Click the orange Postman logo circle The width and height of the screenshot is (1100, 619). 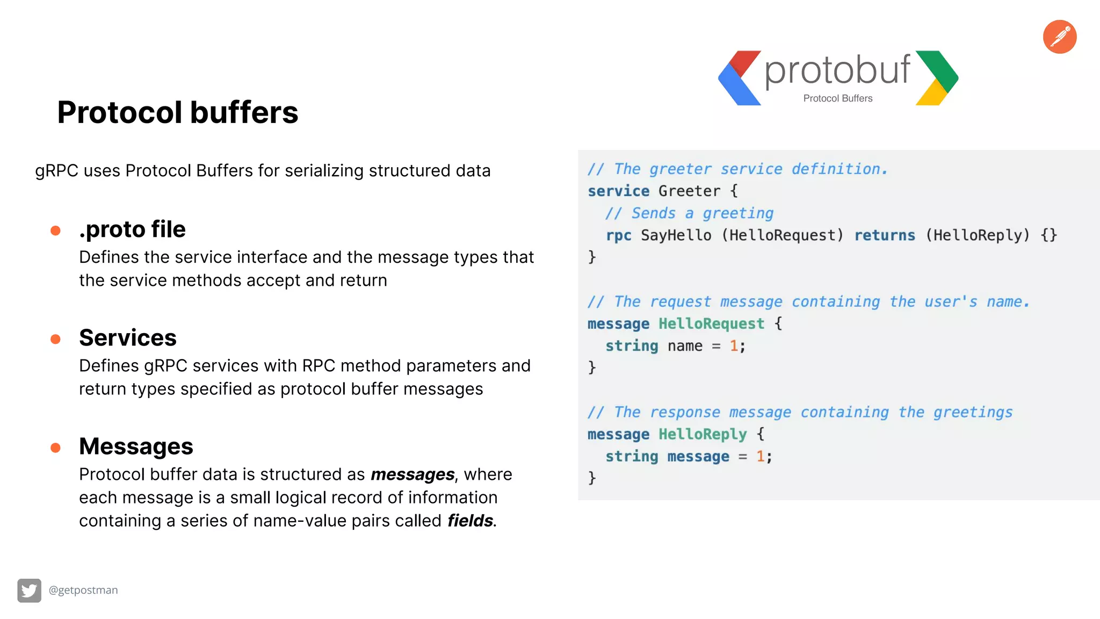pyautogui.click(x=1060, y=37)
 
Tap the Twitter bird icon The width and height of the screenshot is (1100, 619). pyautogui.click(x=29, y=591)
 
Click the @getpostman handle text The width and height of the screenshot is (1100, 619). pyautogui.click(x=83, y=590)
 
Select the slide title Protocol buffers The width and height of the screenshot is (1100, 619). pyautogui.click(x=178, y=112)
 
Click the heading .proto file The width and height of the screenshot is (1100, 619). pyautogui.click(x=132, y=229)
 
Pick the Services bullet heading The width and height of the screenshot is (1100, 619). pyautogui.click(x=128, y=338)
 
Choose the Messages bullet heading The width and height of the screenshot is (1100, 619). pyautogui.click(x=136, y=447)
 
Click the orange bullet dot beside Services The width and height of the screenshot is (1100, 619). pyautogui.click(x=55, y=339)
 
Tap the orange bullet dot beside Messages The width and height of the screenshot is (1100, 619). pyautogui.click(x=55, y=448)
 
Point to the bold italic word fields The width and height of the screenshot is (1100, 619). pyautogui.click(x=470, y=521)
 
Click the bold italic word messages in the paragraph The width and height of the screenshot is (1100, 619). pyautogui.click(x=412, y=474)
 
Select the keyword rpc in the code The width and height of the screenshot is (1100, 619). pyautogui.click(x=618, y=235)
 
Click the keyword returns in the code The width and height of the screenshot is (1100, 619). pyautogui.click(x=885, y=235)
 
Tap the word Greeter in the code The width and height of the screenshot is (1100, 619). pyautogui.click(x=689, y=191)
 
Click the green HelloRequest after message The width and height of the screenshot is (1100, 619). pyautogui.click(x=711, y=323)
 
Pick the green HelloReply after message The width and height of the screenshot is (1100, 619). pyautogui.click(x=703, y=434)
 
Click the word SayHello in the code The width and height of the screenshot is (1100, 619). pyautogui.click(x=676, y=235)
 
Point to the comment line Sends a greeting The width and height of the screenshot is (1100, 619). pyautogui.click(x=689, y=213)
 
